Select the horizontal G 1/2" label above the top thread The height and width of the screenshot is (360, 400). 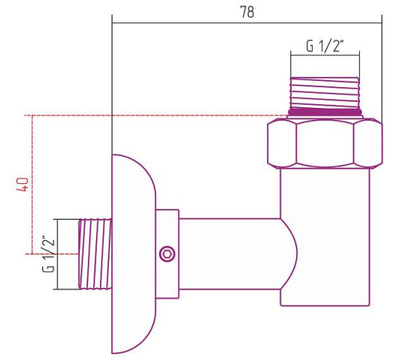(x=324, y=46)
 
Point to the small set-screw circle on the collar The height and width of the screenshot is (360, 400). (x=166, y=254)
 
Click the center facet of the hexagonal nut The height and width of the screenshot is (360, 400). (x=326, y=143)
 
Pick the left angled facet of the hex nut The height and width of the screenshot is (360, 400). (x=280, y=143)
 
